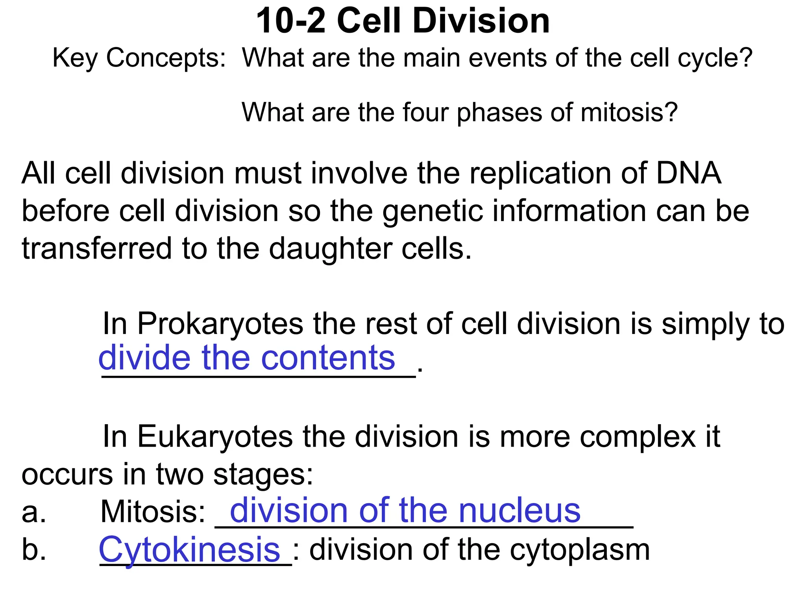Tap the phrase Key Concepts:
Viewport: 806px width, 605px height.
[x=139, y=58]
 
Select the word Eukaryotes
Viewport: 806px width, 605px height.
[x=215, y=437]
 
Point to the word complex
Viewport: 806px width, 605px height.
[x=638, y=437]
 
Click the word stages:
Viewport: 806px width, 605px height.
[x=263, y=474]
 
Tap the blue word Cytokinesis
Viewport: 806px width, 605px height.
[x=189, y=550]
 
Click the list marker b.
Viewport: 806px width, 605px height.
[x=34, y=550]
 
